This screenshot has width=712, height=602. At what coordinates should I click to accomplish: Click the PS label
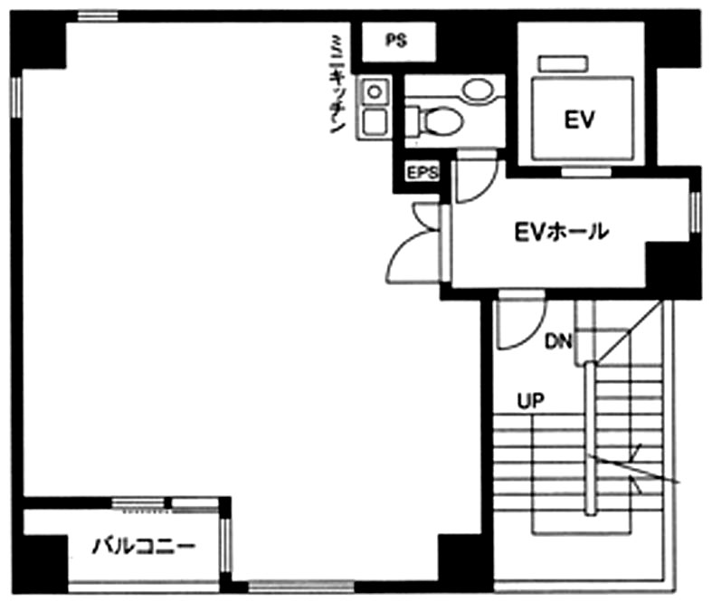coord(396,41)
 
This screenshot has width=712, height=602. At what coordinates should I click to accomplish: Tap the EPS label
coord(422,172)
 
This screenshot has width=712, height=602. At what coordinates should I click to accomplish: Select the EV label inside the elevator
coord(579,120)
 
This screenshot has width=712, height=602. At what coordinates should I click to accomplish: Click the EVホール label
coord(561,232)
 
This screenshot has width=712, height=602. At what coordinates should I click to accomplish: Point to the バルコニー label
coord(144,546)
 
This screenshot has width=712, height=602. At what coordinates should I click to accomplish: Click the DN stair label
coord(558,341)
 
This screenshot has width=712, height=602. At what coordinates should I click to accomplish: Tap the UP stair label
coord(530,401)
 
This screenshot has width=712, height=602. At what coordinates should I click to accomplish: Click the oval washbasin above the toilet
coord(478,88)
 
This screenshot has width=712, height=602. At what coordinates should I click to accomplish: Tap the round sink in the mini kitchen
coord(375,92)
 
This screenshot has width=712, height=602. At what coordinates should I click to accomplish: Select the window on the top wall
coord(98,16)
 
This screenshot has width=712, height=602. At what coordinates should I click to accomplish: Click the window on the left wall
coord(16,97)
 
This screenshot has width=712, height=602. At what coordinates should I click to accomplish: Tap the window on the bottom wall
coord(300,586)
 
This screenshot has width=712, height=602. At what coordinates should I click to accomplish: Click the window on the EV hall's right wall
coord(695,212)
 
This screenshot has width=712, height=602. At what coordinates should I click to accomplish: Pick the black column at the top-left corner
coord(39,41)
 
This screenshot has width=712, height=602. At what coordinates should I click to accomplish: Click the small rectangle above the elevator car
coord(563,63)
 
